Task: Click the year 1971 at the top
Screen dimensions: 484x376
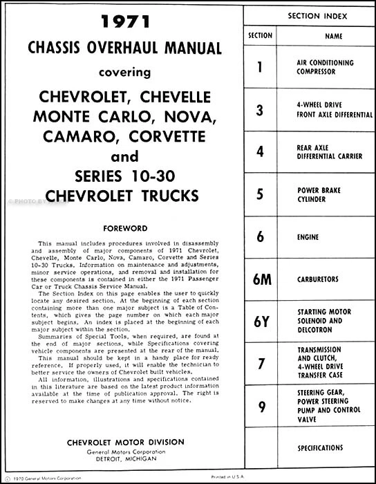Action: click(x=124, y=23)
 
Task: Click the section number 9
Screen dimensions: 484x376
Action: click(x=260, y=407)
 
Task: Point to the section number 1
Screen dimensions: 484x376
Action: click(x=260, y=67)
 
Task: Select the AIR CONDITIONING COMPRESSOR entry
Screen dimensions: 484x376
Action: click(x=325, y=67)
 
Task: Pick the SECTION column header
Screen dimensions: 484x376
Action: click(x=260, y=35)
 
